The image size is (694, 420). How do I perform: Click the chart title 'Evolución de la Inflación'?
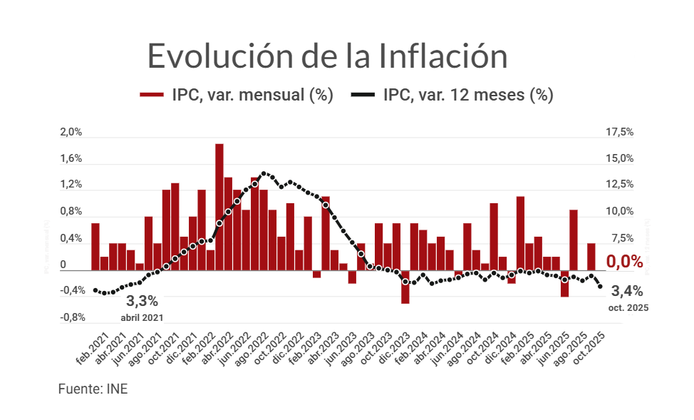[327, 56]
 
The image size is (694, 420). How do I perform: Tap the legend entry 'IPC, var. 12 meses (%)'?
[454, 95]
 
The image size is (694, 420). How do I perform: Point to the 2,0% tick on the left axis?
[72, 132]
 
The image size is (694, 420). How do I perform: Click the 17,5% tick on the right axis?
[620, 132]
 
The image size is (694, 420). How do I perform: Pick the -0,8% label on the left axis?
[72, 317]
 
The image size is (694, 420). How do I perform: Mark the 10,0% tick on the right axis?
[620, 211]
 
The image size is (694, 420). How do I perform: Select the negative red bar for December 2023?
[405, 287]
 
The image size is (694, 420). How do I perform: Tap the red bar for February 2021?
[95, 247]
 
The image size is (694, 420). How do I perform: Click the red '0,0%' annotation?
[624, 262]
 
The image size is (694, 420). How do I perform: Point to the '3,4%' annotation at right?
[627, 291]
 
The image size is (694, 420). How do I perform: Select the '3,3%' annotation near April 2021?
[142, 301]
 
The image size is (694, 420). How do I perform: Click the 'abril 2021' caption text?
[142, 317]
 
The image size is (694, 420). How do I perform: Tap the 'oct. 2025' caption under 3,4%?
[627, 308]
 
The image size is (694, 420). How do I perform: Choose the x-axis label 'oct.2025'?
[589, 347]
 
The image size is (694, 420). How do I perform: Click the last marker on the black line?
[601, 287]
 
